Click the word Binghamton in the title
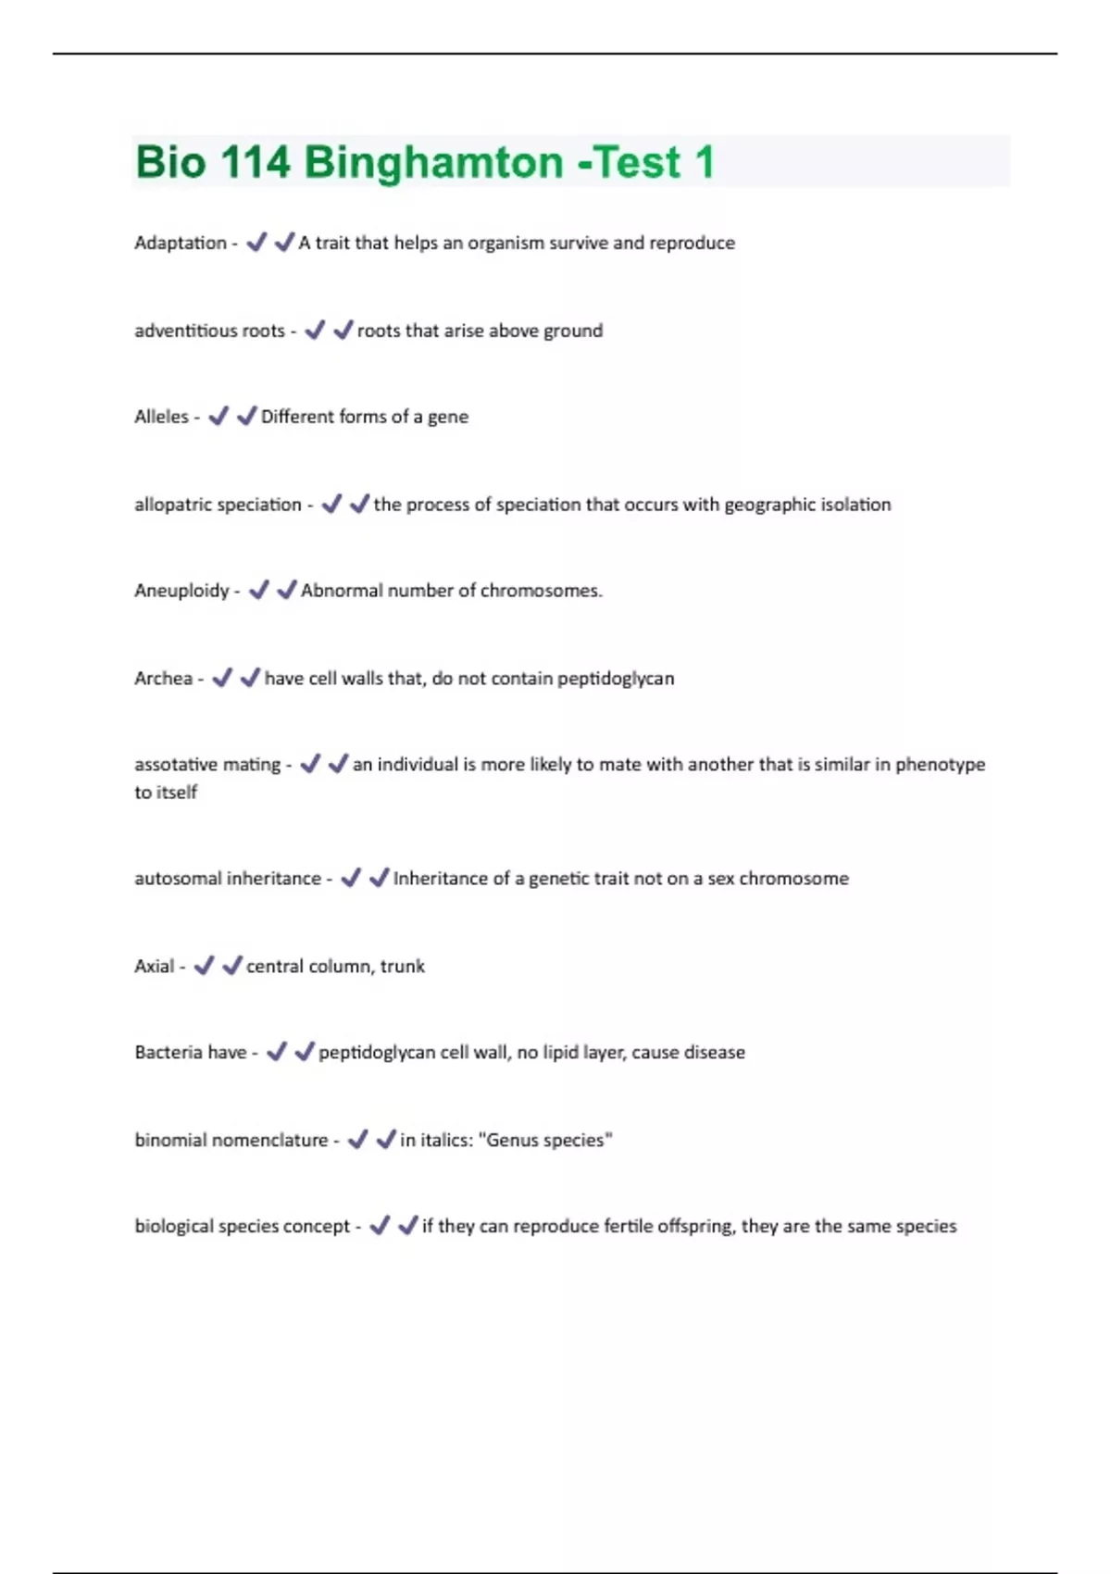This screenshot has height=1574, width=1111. (432, 163)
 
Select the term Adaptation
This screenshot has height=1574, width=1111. (180, 243)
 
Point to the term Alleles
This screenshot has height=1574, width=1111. (161, 417)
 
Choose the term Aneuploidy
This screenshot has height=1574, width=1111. (181, 591)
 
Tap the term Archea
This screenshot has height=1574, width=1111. (163, 679)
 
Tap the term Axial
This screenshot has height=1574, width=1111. (154, 967)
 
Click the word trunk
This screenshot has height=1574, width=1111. (402, 967)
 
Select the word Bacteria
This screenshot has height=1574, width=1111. (168, 1053)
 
